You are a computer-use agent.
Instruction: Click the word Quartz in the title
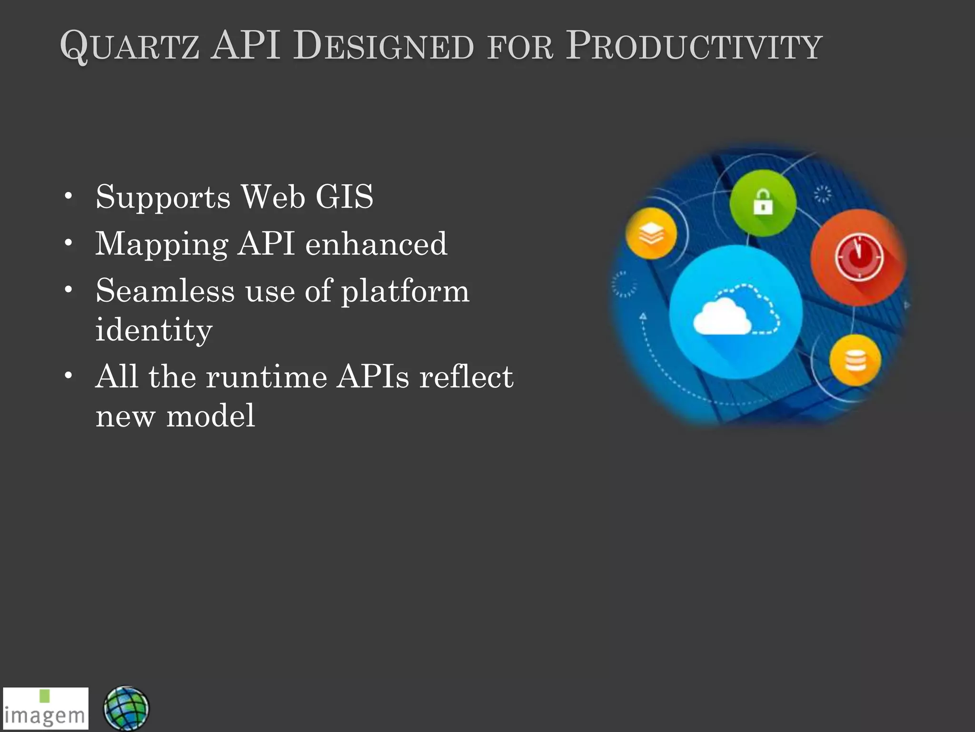tap(129, 47)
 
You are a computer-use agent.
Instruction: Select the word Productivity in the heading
tap(694, 47)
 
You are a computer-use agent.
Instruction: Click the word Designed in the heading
tap(383, 47)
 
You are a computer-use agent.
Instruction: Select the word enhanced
tap(376, 244)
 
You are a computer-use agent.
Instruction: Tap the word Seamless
tap(165, 291)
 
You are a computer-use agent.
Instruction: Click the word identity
tap(154, 330)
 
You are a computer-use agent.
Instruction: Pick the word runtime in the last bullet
tap(266, 377)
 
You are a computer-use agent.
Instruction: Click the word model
tap(210, 416)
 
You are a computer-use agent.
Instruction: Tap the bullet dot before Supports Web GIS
tap(69, 196)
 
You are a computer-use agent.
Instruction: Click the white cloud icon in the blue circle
tap(723, 317)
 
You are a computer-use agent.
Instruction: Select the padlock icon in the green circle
tap(763, 202)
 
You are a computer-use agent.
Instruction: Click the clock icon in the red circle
tap(859, 258)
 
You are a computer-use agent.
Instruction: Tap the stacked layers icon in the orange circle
tap(651, 234)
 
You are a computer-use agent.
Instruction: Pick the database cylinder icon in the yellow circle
tap(855, 360)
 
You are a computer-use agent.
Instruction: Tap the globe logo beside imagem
tap(126, 709)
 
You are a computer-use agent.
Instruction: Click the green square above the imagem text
tap(45, 695)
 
